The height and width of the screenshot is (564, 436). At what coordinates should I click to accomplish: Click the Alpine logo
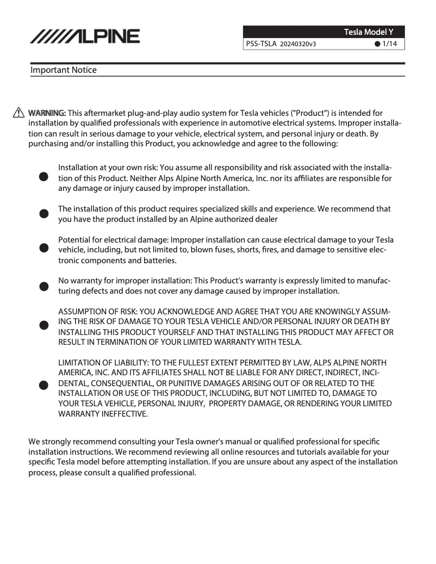85,36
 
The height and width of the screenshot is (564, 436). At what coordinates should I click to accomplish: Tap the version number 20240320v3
298,44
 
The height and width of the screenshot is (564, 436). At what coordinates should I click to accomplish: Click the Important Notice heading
64,70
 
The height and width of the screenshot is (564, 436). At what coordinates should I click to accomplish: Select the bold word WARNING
47,113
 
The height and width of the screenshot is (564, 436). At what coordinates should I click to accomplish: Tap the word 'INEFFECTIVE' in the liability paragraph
126,414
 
